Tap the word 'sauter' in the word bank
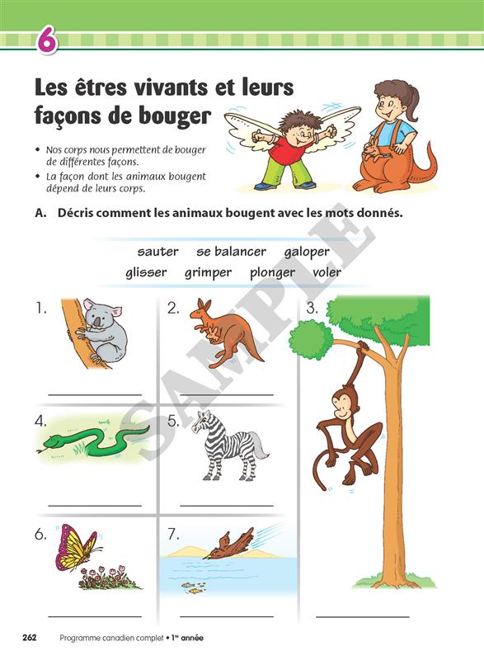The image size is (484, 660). click(157, 252)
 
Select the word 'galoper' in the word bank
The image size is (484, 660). click(307, 252)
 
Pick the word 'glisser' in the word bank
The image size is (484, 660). click(146, 272)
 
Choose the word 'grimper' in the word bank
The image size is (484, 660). click(208, 273)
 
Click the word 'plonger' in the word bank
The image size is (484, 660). click(272, 273)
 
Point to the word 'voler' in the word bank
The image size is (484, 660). click(327, 272)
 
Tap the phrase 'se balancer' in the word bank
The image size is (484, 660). click(231, 252)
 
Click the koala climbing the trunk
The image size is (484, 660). click(100, 331)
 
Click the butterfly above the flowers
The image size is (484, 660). click(77, 546)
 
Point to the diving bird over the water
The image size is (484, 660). click(229, 544)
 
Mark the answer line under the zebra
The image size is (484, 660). click(227, 505)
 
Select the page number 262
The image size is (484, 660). click(30, 638)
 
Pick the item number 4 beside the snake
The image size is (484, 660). click(40, 421)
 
